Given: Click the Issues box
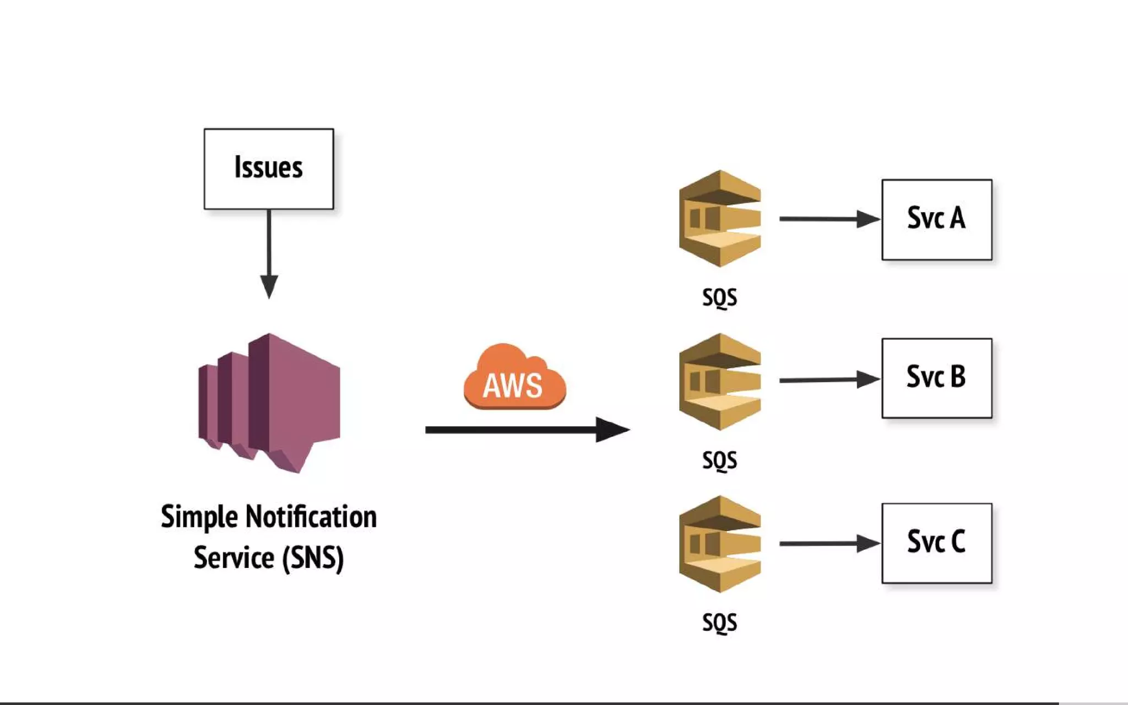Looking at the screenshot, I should coord(268,169).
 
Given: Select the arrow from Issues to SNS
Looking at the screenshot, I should coord(269,253).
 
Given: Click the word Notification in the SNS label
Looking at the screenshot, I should coord(311,517).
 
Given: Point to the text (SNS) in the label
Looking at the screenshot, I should coord(313,558).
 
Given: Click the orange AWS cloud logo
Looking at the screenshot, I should coord(514,379).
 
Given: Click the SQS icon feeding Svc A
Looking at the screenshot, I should coord(719,219).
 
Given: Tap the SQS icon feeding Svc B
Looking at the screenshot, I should coord(719,381).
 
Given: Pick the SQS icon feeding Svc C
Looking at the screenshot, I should coord(719,544).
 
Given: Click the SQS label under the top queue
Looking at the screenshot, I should coord(719,298).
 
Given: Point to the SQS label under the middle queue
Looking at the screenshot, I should coord(719,460).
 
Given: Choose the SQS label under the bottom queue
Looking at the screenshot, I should coord(719,623).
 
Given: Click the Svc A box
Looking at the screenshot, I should coord(936,219).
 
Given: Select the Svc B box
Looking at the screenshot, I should coord(936,378).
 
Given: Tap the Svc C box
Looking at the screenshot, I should coord(936,543).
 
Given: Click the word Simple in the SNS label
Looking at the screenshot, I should coord(199,517).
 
